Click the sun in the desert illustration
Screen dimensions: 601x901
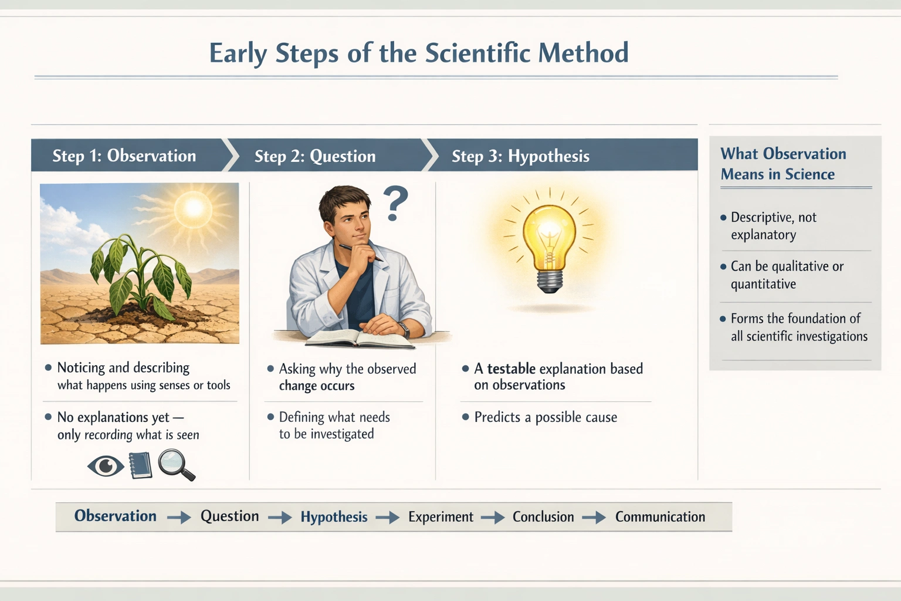(x=194, y=208)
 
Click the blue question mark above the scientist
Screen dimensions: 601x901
(x=397, y=204)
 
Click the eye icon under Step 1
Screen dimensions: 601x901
(x=106, y=467)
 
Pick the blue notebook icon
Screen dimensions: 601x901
(x=140, y=465)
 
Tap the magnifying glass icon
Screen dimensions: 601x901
(x=175, y=464)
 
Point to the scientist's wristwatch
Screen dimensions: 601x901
(x=404, y=329)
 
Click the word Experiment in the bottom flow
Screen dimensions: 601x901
(x=441, y=517)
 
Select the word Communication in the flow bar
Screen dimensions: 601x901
(x=660, y=517)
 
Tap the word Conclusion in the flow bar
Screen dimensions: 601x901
(x=543, y=517)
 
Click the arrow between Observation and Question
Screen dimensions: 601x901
(x=179, y=518)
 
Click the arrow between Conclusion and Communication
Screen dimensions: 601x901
(x=594, y=518)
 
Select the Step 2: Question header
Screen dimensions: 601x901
(x=315, y=156)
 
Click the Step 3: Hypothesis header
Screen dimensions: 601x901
(x=520, y=156)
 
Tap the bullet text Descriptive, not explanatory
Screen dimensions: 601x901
(x=773, y=226)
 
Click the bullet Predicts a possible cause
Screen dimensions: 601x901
(x=546, y=417)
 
